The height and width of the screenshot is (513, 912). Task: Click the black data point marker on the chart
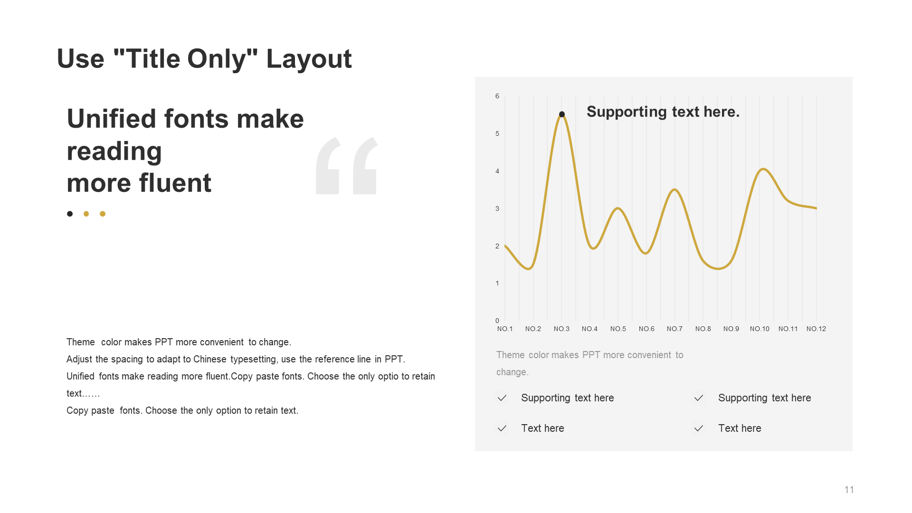(x=562, y=114)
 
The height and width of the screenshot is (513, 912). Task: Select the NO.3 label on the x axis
(x=561, y=329)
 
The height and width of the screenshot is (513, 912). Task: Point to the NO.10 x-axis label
(x=760, y=329)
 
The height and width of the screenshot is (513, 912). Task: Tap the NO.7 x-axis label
(x=674, y=329)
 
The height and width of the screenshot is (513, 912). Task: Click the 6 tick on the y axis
(x=497, y=96)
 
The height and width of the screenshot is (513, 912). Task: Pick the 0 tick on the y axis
(x=497, y=321)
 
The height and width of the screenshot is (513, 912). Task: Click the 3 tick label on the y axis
(x=497, y=209)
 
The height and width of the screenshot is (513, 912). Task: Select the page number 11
(x=849, y=490)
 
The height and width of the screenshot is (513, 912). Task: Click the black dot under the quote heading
(x=70, y=214)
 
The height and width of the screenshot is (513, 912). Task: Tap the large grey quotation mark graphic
(x=347, y=166)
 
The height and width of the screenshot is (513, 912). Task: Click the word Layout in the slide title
(x=309, y=59)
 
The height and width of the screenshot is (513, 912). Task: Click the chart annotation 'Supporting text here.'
(x=663, y=112)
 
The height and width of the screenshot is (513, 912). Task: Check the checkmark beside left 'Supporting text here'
(x=502, y=398)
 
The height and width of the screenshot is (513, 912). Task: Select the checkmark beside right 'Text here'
(x=699, y=428)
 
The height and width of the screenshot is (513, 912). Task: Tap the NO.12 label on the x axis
(x=816, y=329)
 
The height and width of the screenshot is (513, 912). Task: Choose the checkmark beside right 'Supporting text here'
(x=699, y=398)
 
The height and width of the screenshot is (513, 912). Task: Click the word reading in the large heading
(x=114, y=152)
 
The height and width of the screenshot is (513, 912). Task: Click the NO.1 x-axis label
(x=505, y=329)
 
